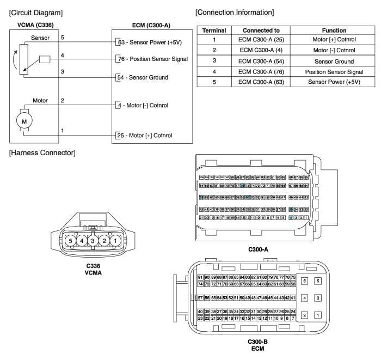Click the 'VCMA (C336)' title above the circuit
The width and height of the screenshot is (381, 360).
(x=33, y=25)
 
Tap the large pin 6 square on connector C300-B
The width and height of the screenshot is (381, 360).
(x=304, y=280)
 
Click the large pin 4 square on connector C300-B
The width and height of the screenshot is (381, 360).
(x=304, y=298)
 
